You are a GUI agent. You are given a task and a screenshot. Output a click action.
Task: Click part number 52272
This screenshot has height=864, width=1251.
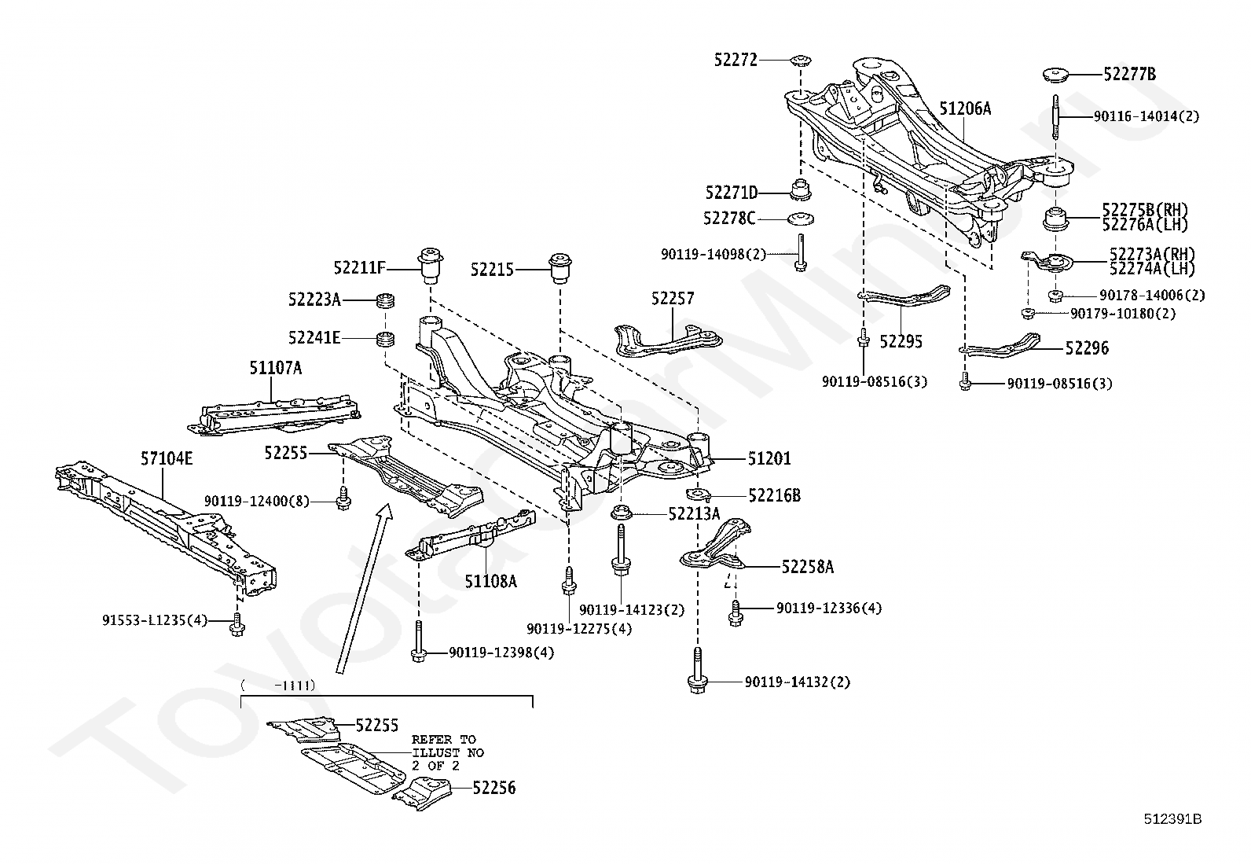click(x=736, y=59)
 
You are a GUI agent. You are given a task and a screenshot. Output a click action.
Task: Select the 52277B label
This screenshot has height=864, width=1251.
click(x=1129, y=75)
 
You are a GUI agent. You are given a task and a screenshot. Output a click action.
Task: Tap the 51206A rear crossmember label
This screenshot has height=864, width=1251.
click(x=965, y=109)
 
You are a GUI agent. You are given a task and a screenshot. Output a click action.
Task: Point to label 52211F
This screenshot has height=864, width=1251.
click(x=359, y=268)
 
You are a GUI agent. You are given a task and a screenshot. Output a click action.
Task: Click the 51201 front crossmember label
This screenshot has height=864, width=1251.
click(x=769, y=458)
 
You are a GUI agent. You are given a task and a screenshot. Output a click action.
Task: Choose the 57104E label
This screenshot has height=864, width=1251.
click(x=166, y=458)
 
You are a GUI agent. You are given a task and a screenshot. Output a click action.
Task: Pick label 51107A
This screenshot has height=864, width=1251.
click(x=275, y=368)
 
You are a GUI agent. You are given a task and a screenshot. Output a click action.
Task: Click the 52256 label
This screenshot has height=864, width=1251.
click(x=494, y=787)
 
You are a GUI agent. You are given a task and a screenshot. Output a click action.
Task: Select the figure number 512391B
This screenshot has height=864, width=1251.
click(x=1172, y=819)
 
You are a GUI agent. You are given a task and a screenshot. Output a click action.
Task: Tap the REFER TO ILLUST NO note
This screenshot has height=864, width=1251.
click(x=448, y=752)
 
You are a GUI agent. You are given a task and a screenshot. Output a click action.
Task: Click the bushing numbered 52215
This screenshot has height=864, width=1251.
click(x=559, y=269)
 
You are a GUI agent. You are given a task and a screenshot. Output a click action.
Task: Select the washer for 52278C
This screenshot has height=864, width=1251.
click(x=799, y=219)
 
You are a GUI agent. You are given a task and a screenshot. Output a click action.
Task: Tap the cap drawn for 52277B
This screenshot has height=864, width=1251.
click(x=1056, y=75)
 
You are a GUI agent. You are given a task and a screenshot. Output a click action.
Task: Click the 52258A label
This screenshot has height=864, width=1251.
click(x=807, y=566)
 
